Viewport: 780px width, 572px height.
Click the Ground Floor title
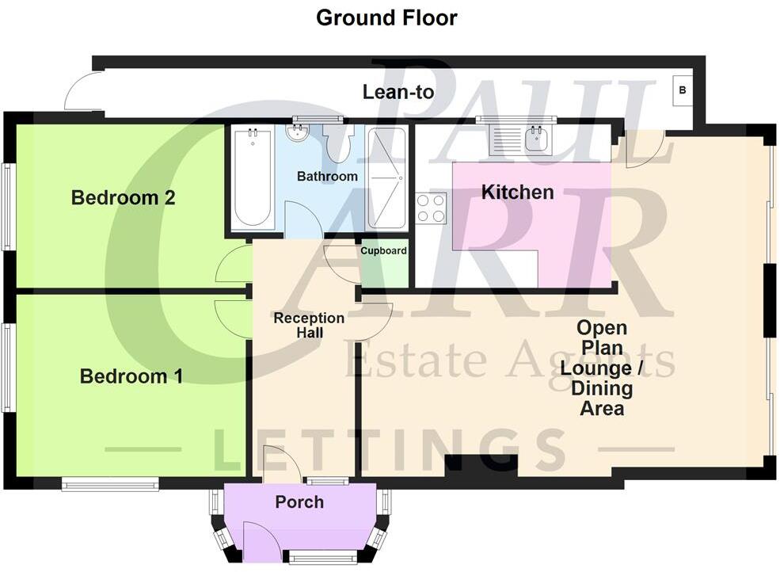point(386,17)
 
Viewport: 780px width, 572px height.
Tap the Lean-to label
point(398,92)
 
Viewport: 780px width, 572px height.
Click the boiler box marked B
point(682,91)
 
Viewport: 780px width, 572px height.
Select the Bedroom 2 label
point(123,197)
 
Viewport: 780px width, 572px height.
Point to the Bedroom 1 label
point(131,376)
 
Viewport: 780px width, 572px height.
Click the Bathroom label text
point(327,176)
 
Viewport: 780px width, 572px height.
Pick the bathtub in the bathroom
point(253,179)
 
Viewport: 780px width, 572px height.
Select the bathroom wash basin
point(299,135)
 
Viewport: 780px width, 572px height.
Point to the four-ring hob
point(432,208)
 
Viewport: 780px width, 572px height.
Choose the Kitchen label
point(518,192)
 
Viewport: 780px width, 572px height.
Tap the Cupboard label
point(383,251)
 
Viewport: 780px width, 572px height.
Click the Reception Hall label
point(309,325)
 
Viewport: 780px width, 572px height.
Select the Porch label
point(299,501)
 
